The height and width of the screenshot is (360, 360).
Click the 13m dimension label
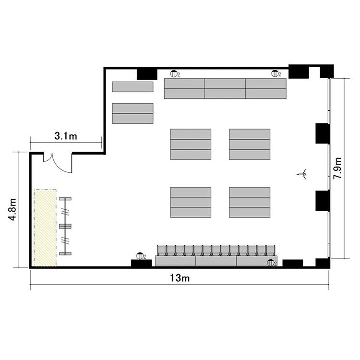(180, 278)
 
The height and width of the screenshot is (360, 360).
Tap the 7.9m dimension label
(337, 168)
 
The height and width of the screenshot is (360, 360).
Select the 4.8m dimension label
(12, 209)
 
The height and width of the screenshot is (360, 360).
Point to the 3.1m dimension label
(66, 136)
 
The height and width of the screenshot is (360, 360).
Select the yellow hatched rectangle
(45, 228)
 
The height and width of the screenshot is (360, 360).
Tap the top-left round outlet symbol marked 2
(174, 74)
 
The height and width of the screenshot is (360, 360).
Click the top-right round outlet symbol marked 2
(275, 74)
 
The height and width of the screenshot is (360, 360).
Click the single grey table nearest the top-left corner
(132, 87)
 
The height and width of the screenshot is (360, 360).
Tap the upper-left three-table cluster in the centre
(191, 144)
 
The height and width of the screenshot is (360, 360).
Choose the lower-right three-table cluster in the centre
(250, 202)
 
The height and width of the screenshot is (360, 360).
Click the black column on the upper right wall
(323, 133)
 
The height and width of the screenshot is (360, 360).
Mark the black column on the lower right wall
(323, 201)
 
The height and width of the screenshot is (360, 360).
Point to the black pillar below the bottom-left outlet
(142, 264)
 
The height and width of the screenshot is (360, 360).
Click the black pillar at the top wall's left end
(147, 74)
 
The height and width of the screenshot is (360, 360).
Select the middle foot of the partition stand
(65, 227)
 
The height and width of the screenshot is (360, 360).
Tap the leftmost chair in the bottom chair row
(162, 251)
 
